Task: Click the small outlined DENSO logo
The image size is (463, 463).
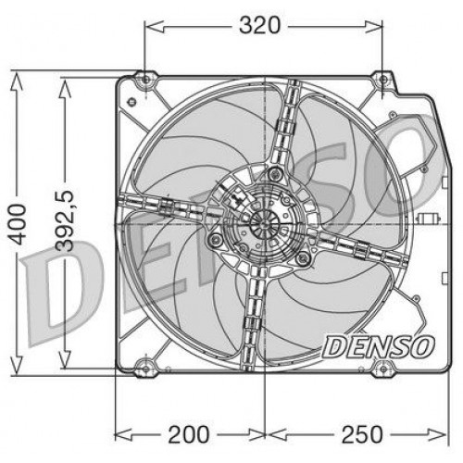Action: pyautogui.click(x=378, y=346)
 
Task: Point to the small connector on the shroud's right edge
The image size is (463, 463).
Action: pyautogui.click(x=427, y=220)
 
